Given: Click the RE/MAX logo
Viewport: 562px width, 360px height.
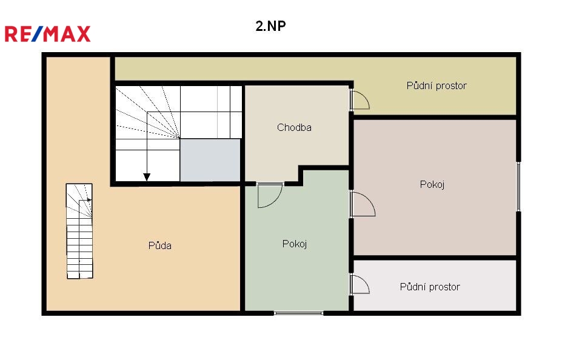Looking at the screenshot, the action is point(47,34).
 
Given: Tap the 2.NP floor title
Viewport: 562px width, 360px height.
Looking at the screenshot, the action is point(270,26).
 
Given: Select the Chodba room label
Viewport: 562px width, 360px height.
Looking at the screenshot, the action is point(294,127).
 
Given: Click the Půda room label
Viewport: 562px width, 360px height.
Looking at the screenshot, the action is point(160,245).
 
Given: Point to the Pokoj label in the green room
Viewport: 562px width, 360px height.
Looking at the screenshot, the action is point(295,244).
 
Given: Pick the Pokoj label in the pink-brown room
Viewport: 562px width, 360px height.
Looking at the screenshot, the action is point(432,184).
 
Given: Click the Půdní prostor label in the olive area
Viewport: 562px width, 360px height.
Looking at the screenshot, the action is point(437,85).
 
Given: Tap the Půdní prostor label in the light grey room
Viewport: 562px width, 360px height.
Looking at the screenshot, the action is point(430,287).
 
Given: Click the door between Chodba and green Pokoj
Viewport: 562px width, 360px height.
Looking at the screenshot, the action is point(270,195).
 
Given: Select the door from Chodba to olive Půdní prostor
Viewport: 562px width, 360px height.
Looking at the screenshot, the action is point(360,99).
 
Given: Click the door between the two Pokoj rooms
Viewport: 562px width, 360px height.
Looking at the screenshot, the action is point(363,204).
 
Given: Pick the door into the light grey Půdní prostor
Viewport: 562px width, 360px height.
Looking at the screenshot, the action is point(360,284).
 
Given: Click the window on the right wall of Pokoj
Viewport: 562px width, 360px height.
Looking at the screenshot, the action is point(518,186).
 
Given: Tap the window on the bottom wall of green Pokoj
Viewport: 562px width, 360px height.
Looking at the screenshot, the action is point(298,313).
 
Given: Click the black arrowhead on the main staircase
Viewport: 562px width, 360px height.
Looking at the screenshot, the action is point(147,177).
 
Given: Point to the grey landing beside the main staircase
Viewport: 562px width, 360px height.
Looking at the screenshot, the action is point(210,160).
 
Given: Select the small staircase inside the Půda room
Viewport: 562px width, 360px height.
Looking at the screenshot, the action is point(79,231).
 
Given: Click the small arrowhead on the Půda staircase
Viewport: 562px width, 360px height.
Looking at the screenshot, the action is point(90,200).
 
